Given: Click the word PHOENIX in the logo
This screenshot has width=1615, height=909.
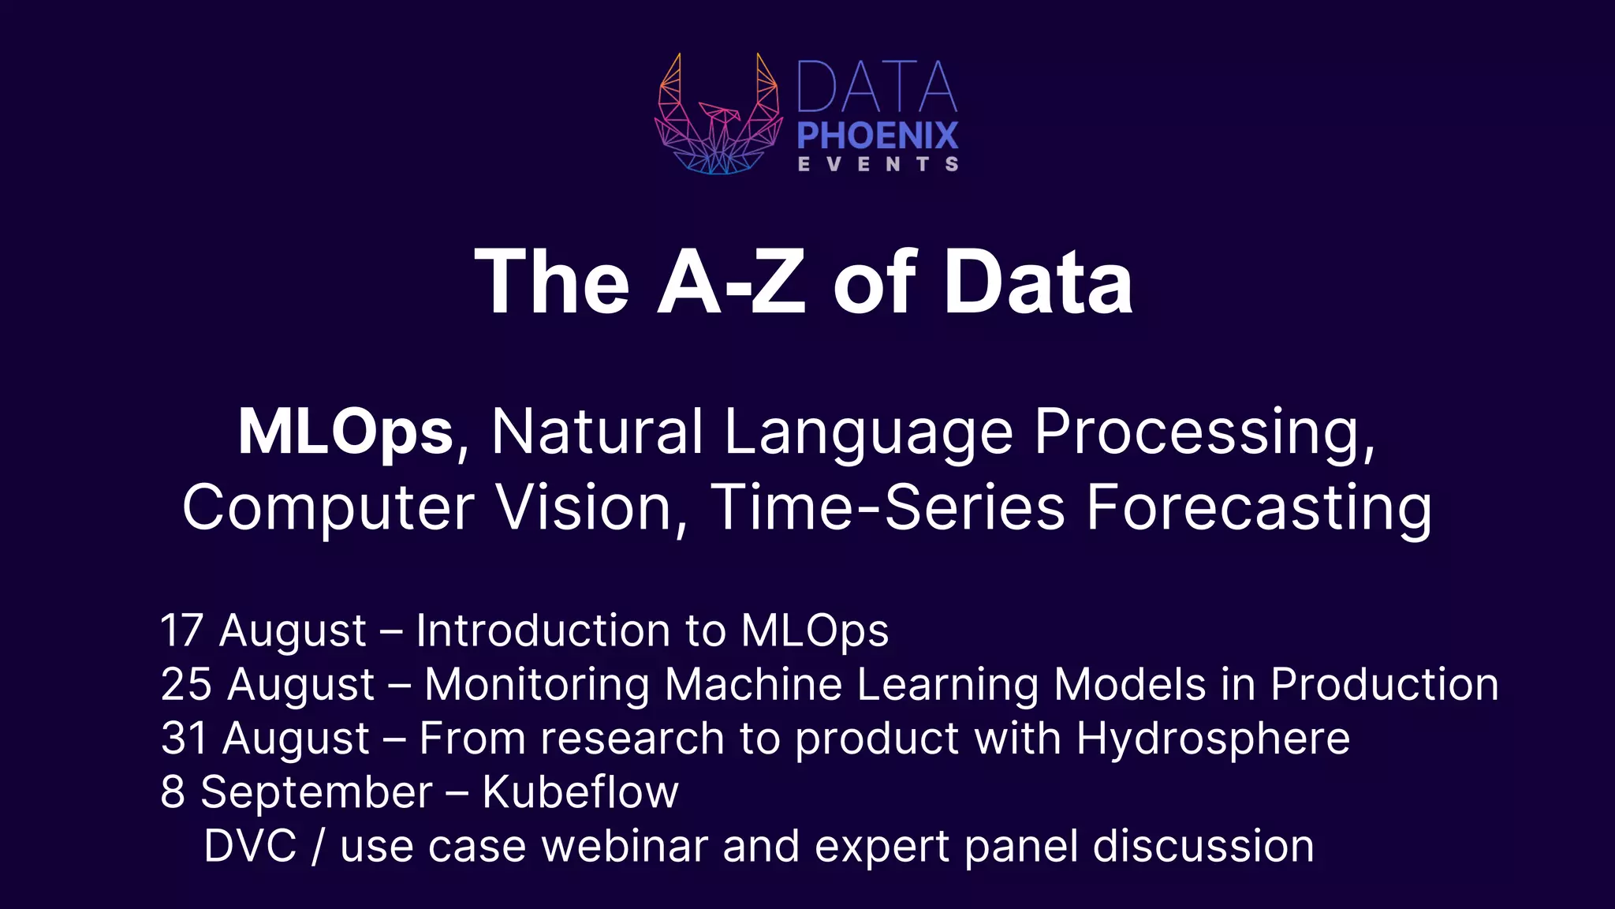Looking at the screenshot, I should (x=878, y=136).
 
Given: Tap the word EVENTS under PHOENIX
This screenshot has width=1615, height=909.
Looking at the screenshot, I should (x=878, y=164).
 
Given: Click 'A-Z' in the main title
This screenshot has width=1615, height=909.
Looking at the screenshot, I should (x=731, y=282).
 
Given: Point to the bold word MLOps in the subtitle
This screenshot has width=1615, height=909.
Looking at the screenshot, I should (x=345, y=432).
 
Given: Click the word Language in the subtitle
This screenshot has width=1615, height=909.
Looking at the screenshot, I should (x=868, y=432).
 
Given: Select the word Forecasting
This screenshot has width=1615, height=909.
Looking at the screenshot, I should (x=1259, y=507).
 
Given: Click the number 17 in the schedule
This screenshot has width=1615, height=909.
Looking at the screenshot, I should (x=182, y=631).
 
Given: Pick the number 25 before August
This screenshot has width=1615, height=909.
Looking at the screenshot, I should (x=186, y=684).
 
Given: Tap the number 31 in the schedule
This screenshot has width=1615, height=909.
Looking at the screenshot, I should (x=184, y=739).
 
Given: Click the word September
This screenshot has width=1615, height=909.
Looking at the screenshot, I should (x=316, y=792).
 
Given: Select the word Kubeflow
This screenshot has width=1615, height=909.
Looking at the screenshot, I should (x=580, y=792).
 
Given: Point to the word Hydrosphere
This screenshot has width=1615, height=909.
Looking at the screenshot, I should (x=1213, y=739).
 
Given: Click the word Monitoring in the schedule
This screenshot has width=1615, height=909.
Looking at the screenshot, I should (x=537, y=684).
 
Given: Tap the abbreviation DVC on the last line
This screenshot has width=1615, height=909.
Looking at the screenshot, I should (x=250, y=847).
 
